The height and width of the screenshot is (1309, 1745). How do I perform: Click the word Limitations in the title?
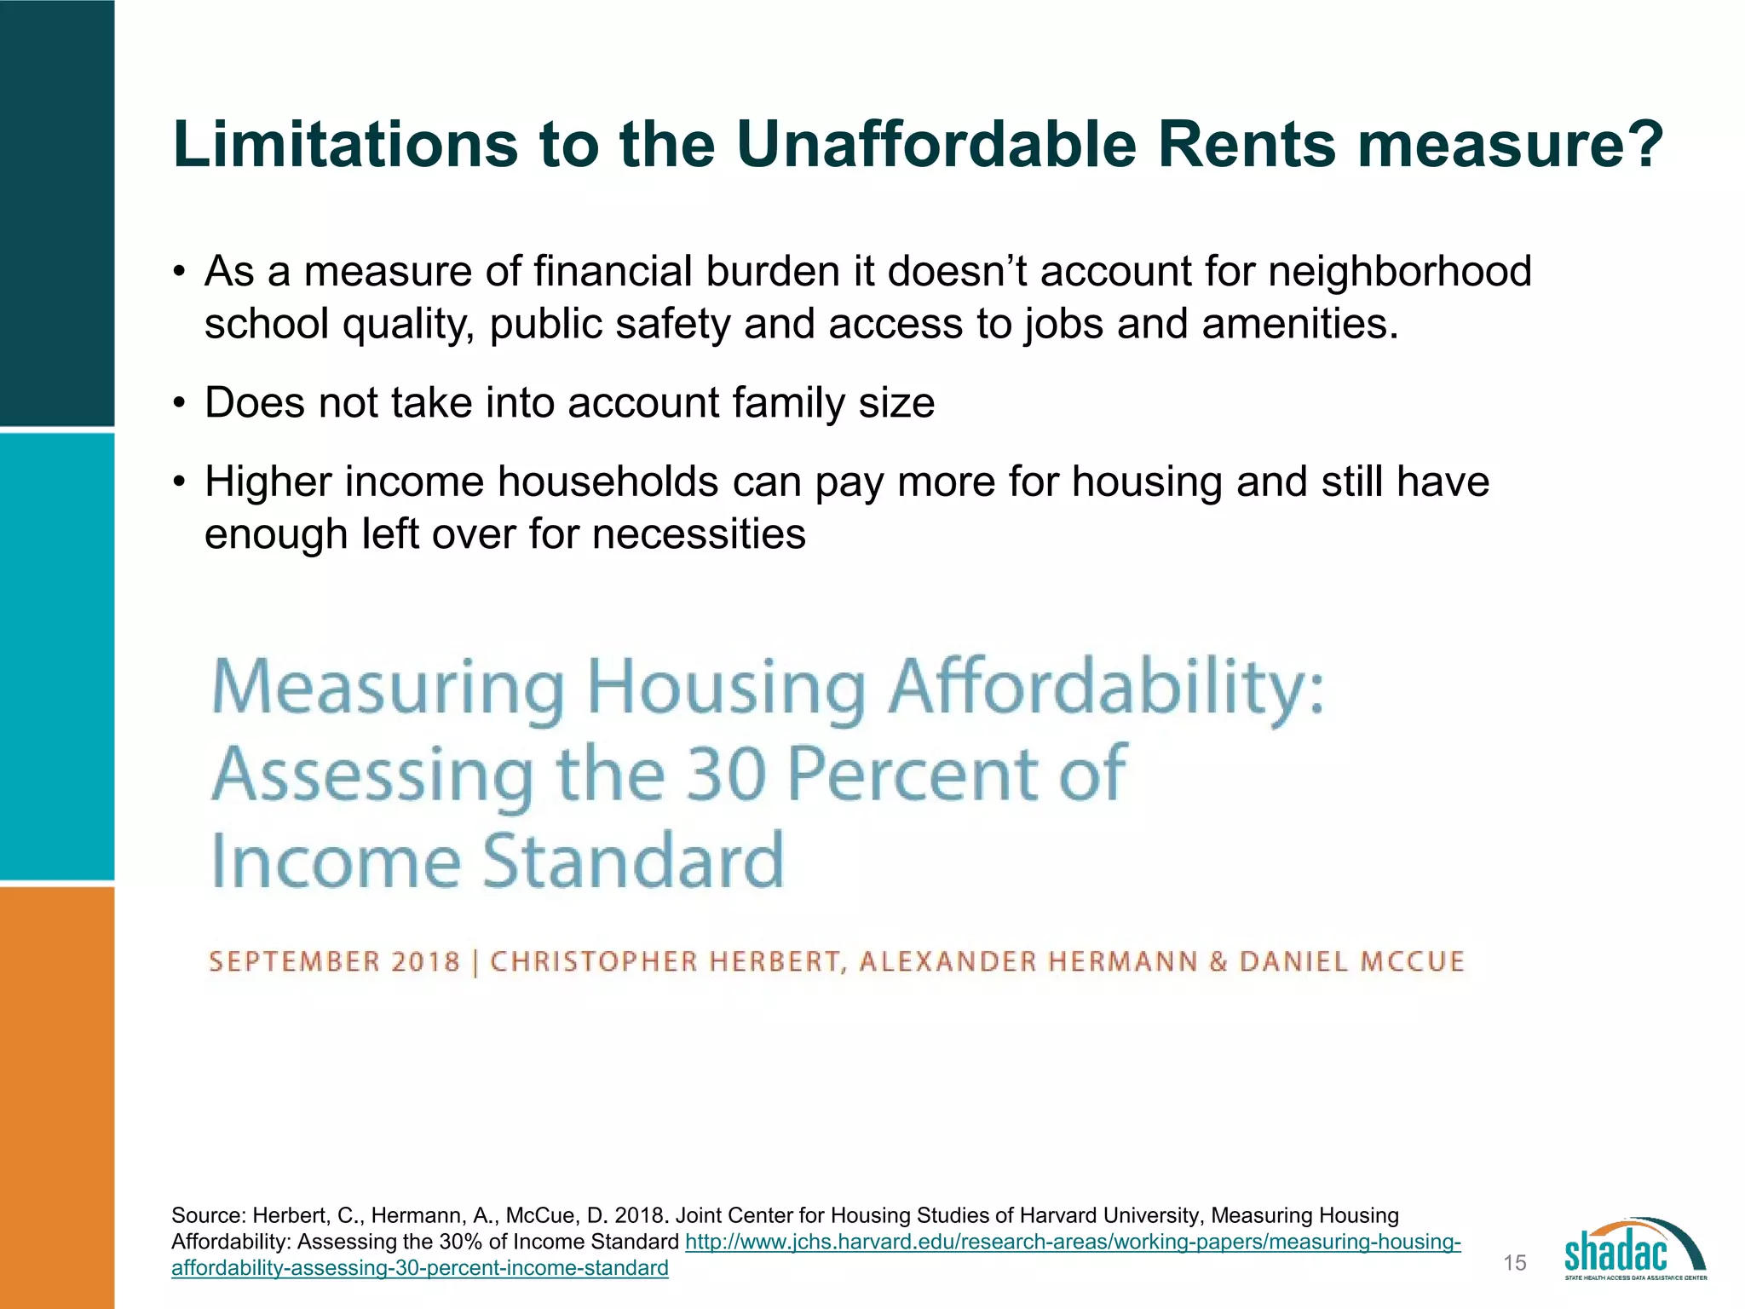pyautogui.click(x=345, y=145)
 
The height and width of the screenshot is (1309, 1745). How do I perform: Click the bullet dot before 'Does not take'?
pyautogui.click(x=178, y=404)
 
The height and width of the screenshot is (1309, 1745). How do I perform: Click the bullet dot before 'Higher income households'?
pyautogui.click(x=178, y=483)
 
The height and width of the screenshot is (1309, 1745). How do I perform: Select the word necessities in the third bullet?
pyautogui.click(x=699, y=535)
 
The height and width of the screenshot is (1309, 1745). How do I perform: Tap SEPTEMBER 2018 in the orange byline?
pyautogui.click(x=334, y=962)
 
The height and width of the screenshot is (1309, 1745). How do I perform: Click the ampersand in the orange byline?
pyautogui.click(x=1218, y=962)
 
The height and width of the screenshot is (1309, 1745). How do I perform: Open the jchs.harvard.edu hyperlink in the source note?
pyautogui.click(x=1072, y=1243)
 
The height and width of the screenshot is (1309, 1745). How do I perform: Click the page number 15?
pyautogui.click(x=1515, y=1263)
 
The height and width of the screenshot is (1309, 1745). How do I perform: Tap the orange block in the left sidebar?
pyautogui.click(x=56, y=1098)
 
